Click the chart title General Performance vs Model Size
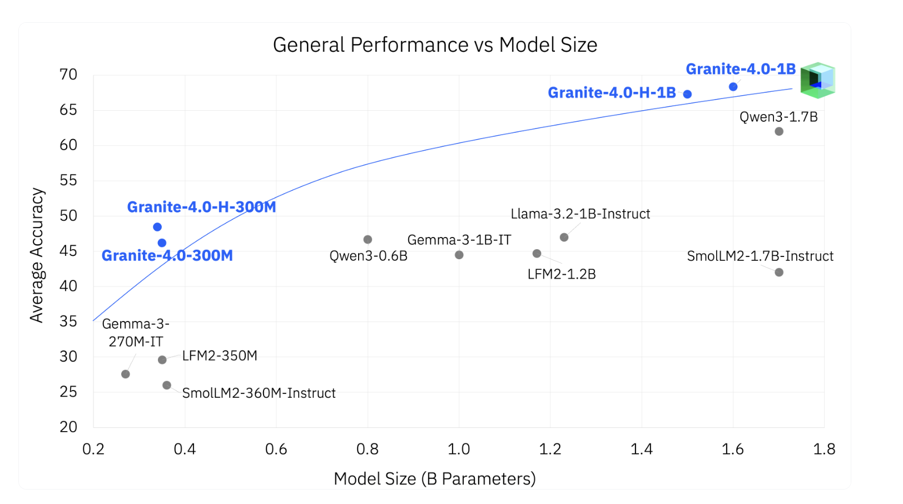[435, 45]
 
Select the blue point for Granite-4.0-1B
[733, 87]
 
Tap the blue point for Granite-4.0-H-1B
[687, 94]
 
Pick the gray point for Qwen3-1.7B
[779, 131]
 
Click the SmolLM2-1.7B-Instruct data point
[779, 273]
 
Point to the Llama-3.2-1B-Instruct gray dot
[564, 238]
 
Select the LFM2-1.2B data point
[537, 254]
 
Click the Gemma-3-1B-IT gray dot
[459, 255]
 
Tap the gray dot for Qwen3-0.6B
[368, 240]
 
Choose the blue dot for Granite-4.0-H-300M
[157, 227]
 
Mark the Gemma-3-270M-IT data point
[126, 374]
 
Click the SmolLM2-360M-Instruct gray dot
[167, 385]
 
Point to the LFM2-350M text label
[220, 355]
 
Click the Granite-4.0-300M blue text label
[167, 256]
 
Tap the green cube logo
[817, 80]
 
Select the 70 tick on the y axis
[68, 75]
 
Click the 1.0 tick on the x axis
[459, 449]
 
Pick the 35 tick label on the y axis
[68, 322]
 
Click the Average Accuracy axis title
[37, 255]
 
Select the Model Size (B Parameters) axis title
[434, 478]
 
